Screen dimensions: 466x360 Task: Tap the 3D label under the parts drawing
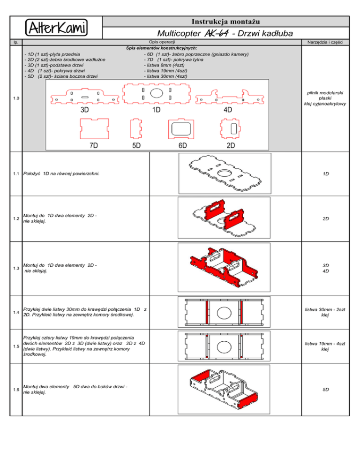tap(85, 110)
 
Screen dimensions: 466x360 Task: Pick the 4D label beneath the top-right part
tap(228, 110)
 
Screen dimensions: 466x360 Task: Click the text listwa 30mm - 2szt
tap(325, 309)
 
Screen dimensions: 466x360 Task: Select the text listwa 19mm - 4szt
tap(325, 344)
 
